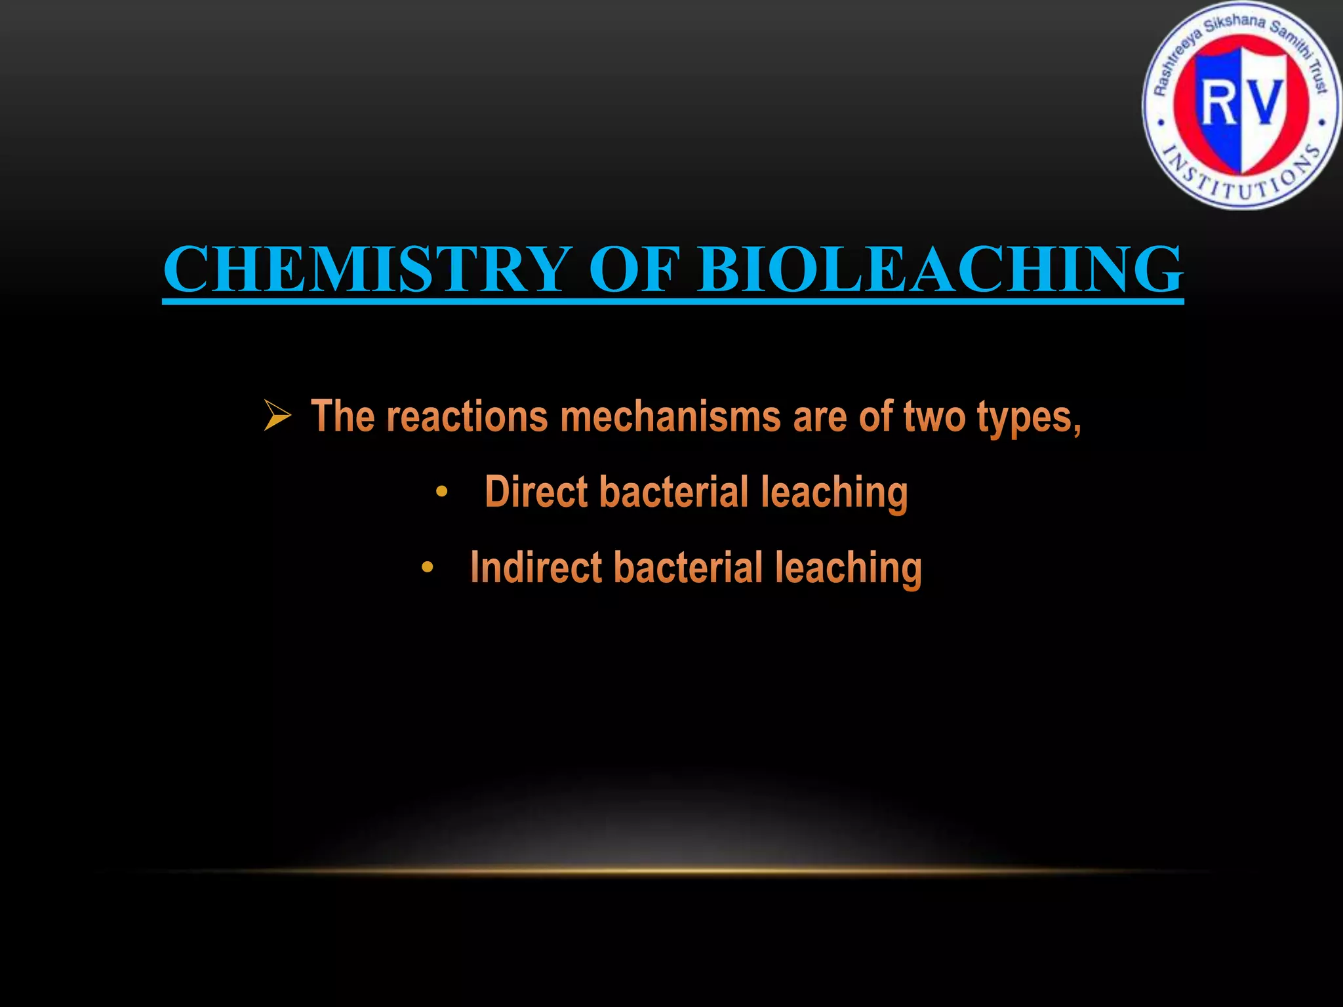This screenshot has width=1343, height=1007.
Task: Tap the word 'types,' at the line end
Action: [1029, 417]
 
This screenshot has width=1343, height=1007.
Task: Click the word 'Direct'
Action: [535, 492]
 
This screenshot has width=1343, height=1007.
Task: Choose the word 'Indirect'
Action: [536, 567]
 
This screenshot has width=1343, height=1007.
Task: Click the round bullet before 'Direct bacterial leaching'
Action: [442, 492]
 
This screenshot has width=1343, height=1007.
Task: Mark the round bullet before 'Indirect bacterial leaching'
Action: [428, 567]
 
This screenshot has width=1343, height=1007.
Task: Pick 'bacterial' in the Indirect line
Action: [689, 567]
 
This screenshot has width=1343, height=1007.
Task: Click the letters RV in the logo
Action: [1241, 103]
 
